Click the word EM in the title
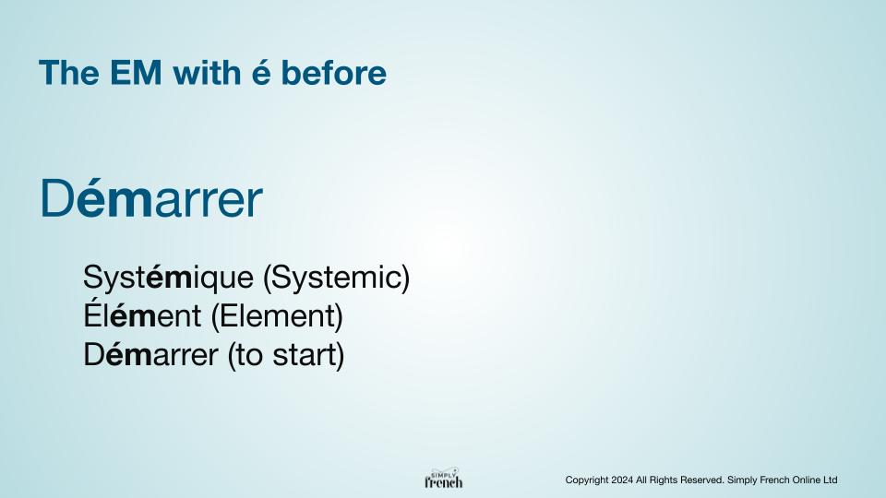136,73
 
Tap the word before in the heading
333,73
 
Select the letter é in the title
260,73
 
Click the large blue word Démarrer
151,198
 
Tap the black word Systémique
168,278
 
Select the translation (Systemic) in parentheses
337,278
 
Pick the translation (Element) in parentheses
277,316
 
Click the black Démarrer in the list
150,355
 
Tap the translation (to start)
286,356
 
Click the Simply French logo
444,479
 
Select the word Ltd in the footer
830,480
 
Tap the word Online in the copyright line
807,480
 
